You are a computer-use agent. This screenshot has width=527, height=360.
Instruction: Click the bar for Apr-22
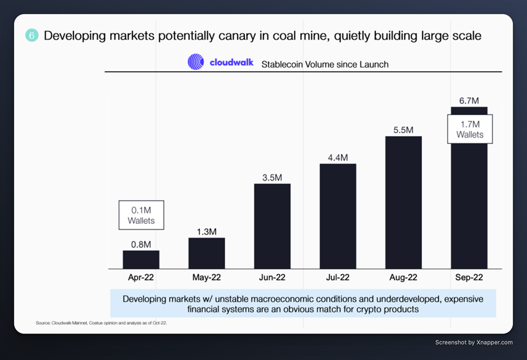(x=141, y=259)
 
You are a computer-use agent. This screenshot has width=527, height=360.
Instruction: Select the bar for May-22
(x=207, y=253)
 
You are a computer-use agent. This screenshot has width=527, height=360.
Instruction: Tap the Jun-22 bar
(x=272, y=226)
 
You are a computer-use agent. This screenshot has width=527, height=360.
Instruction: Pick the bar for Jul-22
(x=338, y=216)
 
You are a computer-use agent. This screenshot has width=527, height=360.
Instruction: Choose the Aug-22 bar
(x=403, y=202)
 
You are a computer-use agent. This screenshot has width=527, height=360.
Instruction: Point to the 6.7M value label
(x=469, y=100)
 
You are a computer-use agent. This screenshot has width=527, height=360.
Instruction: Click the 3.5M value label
(x=272, y=178)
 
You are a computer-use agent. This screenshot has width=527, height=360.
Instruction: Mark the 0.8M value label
(x=141, y=244)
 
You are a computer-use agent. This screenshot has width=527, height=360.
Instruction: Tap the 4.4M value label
(x=338, y=158)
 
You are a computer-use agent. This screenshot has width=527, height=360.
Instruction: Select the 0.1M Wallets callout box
(x=141, y=215)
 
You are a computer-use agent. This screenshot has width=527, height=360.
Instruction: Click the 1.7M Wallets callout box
(x=469, y=129)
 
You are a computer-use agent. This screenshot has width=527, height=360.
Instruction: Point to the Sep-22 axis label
(x=469, y=278)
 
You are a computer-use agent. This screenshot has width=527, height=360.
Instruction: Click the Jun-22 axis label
(x=272, y=278)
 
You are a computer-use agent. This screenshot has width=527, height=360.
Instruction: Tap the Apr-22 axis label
(x=141, y=278)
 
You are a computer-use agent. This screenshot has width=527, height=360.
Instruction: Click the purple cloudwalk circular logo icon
(x=196, y=62)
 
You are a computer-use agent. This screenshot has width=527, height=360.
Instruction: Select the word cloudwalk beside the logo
(x=231, y=62)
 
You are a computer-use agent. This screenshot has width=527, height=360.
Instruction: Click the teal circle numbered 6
(x=32, y=36)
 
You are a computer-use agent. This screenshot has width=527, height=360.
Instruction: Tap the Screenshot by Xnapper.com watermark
(x=474, y=342)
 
